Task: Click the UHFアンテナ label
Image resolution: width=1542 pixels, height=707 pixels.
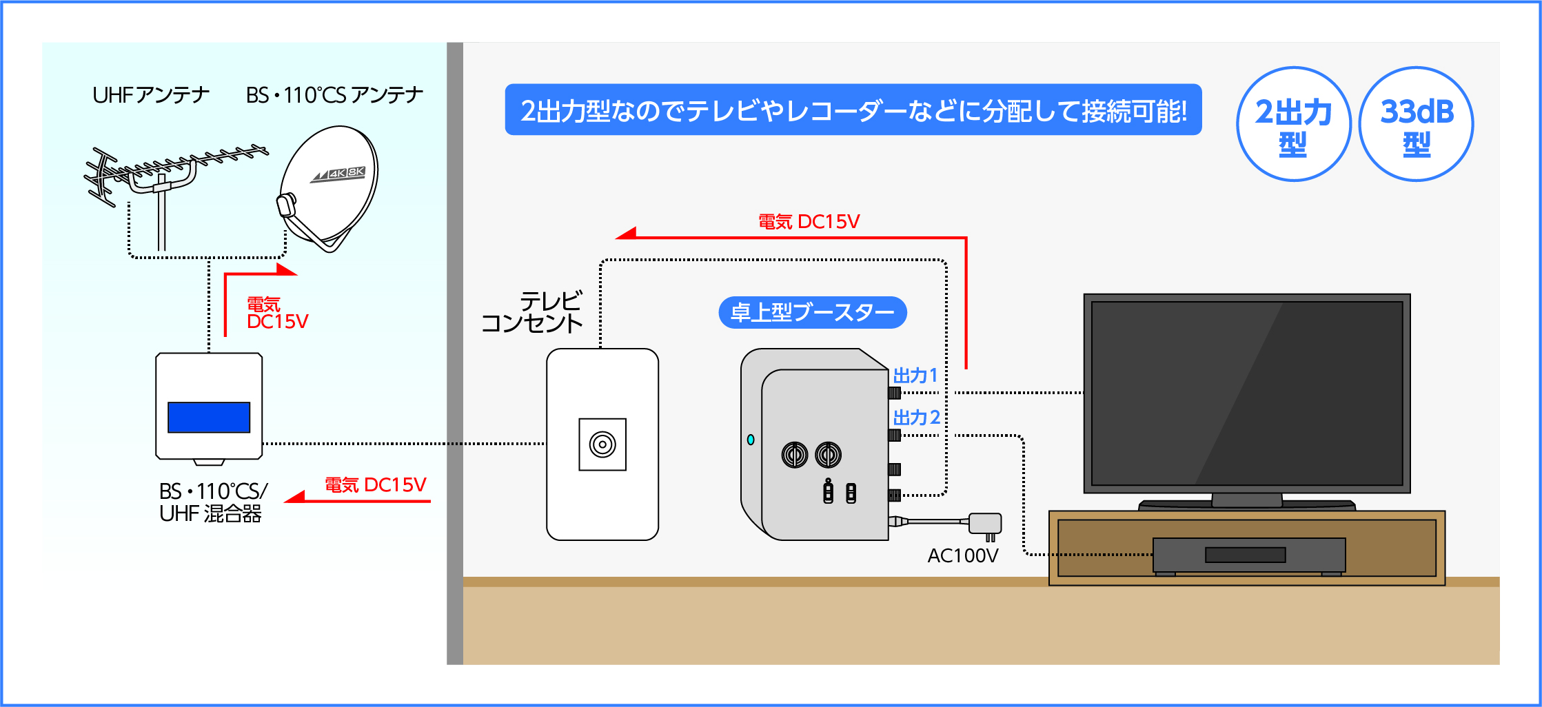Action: pos(151,95)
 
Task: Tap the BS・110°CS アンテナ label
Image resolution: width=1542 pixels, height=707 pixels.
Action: pos(334,95)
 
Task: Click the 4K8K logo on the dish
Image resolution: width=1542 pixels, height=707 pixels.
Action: pos(338,174)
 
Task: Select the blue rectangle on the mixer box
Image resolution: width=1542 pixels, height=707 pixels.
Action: pos(209,418)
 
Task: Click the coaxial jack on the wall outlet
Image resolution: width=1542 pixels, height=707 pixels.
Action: pos(602,444)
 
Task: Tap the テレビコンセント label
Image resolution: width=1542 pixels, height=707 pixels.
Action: pos(532,312)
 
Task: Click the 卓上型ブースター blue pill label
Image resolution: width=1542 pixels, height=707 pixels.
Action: pos(812,313)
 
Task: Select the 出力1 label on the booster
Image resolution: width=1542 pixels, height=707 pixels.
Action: pos(915,376)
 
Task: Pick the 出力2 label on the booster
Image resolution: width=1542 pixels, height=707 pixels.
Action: pos(916,417)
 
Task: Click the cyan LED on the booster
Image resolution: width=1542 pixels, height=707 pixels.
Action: pos(751,440)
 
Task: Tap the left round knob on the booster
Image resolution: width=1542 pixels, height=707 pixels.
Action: pos(794,455)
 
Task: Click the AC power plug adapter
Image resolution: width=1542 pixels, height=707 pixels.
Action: pos(985,524)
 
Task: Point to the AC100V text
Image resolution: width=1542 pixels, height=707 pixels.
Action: pos(962,555)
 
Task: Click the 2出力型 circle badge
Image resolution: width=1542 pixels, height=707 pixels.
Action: pos(1293,125)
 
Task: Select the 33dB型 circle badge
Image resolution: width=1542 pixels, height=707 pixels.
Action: pos(1416,125)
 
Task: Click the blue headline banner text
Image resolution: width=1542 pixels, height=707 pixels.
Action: pos(853,110)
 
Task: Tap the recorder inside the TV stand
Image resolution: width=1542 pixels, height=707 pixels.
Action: pos(1248,555)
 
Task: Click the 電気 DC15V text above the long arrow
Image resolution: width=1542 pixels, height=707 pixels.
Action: pos(809,222)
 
